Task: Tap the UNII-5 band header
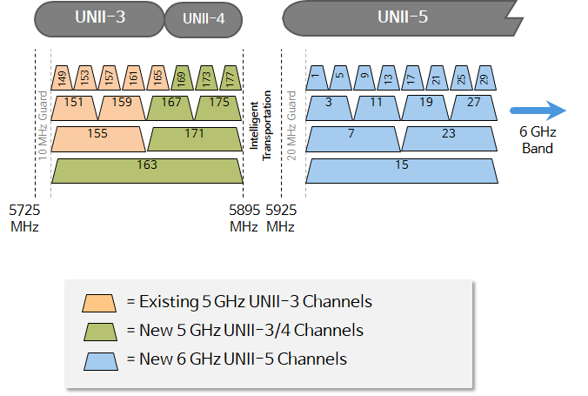(x=402, y=17)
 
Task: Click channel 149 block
(x=61, y=77)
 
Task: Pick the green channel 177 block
(x=231, y=77)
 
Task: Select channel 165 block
(x=157, y=77)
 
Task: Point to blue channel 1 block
(x=316, y=77)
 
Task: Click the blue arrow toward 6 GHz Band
(x=538, y=111)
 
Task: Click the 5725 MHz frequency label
(x=23, y=218)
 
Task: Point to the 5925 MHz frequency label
(x=280, y=218)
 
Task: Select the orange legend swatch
(x=99, y=302)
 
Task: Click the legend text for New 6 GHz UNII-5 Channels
(x=236, y=359)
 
